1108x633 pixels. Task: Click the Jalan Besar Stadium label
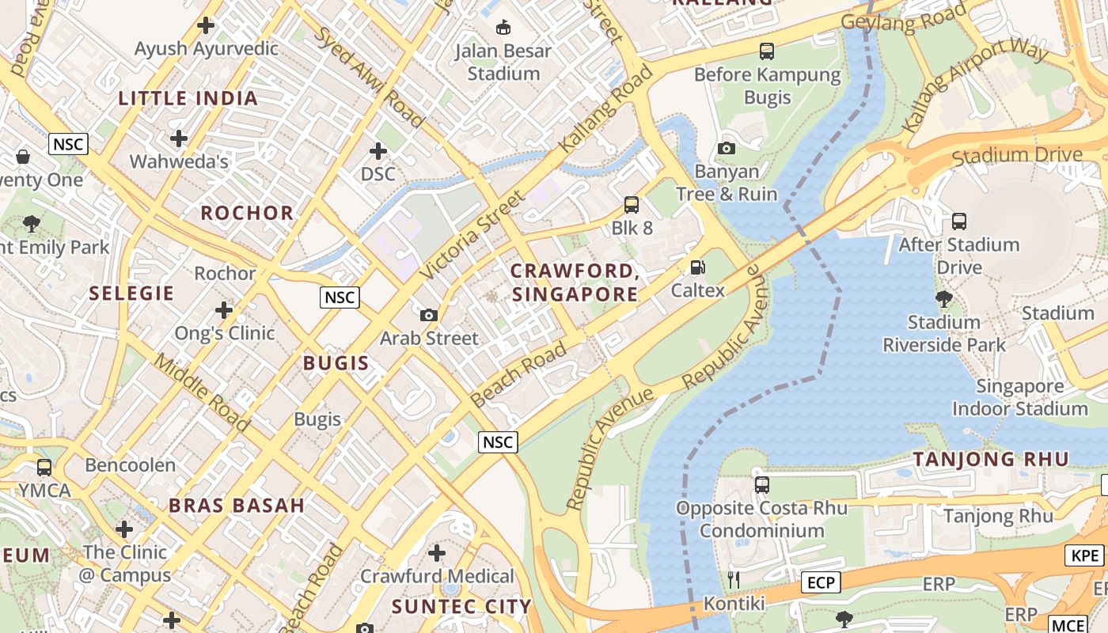503,63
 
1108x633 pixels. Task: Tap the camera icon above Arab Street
429,315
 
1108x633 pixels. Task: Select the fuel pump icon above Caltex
697,267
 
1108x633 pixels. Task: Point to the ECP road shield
820,583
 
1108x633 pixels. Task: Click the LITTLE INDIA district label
188,99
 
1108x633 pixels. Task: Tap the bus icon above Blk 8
632,205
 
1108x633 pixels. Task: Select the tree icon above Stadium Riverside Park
943,299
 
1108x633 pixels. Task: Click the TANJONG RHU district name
991,459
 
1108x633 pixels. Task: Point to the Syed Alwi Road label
370,78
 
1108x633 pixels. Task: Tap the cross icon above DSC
378,150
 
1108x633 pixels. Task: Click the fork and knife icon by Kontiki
734,580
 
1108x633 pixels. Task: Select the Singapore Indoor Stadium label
1019,398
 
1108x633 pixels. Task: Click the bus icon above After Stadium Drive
959,222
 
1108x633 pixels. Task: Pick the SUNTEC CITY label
462,608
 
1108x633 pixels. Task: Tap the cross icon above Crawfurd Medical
437,553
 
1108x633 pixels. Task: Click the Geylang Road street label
904,17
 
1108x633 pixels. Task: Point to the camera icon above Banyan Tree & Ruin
727,148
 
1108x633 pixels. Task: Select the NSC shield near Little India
68,144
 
